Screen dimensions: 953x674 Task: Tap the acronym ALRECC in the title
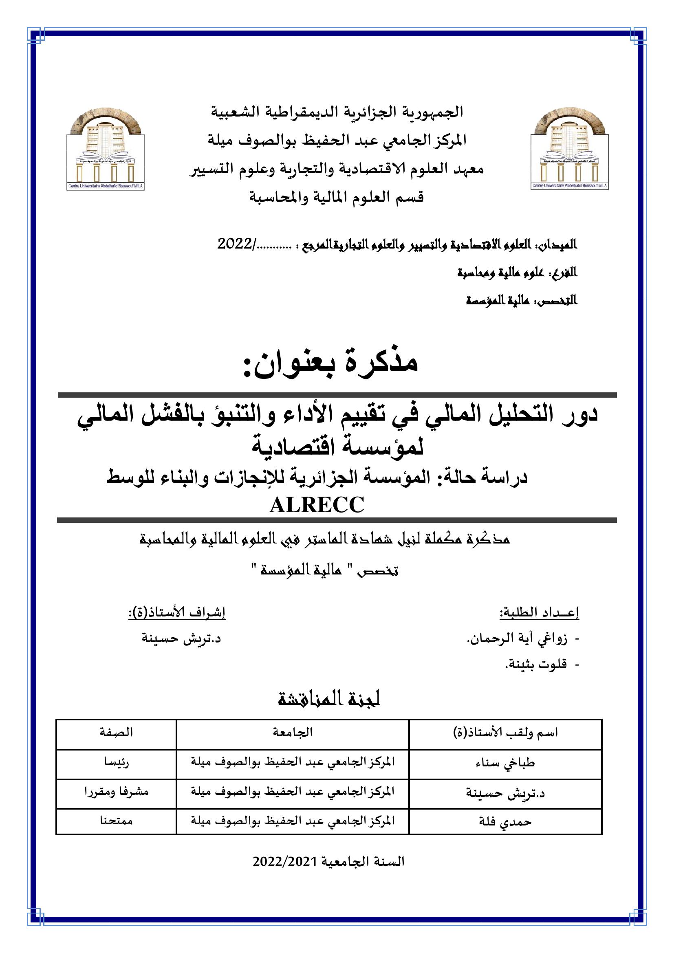[x=317, y=506]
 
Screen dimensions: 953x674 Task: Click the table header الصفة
[x=116, y=732]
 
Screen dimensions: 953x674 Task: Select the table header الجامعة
[x=293, y=732]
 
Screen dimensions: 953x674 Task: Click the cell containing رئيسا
[x=116, y=763]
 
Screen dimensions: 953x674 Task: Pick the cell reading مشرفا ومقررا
[x=116, y=792]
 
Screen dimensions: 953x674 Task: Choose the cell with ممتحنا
[x=116, y=820]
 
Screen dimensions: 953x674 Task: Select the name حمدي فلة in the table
[x=505, y=821]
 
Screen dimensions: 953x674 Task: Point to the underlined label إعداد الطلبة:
[x=539, y=613]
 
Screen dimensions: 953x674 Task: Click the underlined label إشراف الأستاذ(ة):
[x=177, y=613]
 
